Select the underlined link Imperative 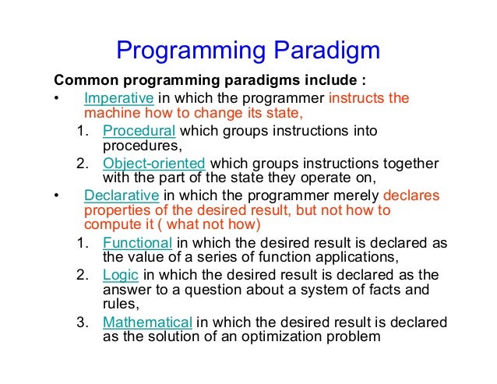click(119, 98)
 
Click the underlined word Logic click(118, 275)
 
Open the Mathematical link click(147, 322)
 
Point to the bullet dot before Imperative click(56, 99)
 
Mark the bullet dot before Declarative click(56, 196)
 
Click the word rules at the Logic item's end click(120, 305)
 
